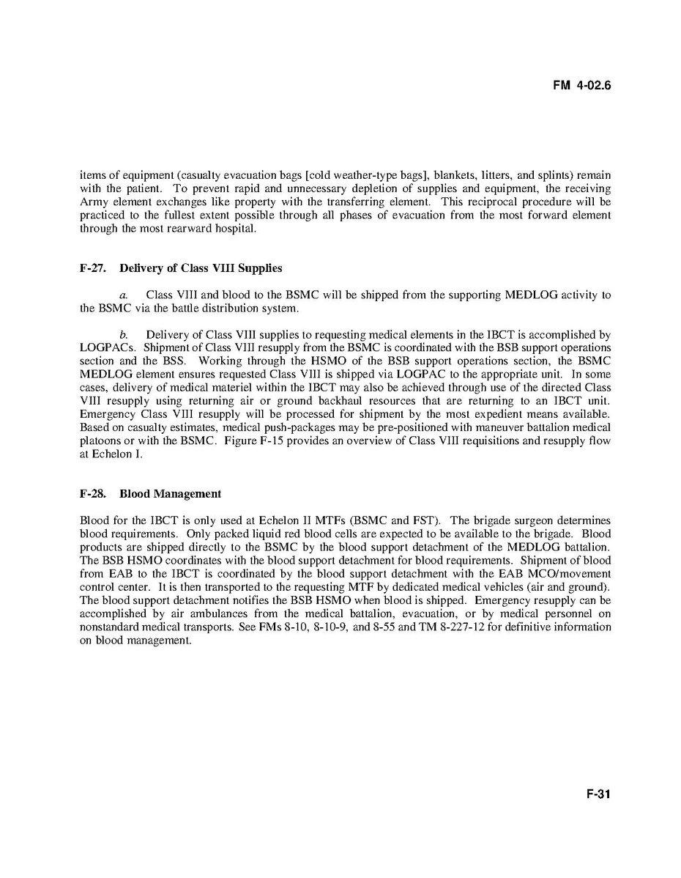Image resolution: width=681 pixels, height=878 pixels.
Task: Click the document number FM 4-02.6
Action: point(581,86)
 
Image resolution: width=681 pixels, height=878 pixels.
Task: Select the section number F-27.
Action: point(93,268)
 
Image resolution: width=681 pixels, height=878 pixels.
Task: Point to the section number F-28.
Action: point(93,494)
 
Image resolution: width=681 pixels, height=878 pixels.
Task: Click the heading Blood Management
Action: point(170,494)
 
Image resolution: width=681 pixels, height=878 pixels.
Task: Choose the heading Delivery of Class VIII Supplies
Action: point(201,268)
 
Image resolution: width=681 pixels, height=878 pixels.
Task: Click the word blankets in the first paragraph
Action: point(455,175)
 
